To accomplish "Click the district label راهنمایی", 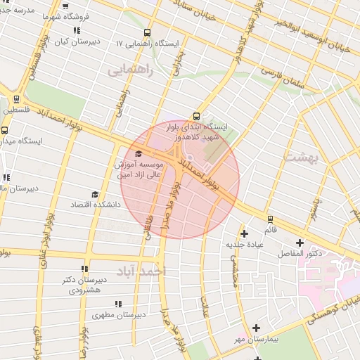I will coord(129,70).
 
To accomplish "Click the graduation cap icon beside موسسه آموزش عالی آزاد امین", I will coord(138,154).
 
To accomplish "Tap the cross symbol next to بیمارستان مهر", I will coord(257,328).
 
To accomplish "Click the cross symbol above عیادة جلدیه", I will coord(244,233).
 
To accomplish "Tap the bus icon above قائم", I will coord(271,219).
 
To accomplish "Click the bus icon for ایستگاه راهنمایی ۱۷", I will coord(147,32).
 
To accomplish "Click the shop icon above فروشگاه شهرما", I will coord(65,6).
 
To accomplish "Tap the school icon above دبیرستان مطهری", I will coord(118,304).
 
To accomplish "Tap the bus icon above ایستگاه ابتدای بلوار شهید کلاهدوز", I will coord(196,117).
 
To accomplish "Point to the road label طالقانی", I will coord(148,230).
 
